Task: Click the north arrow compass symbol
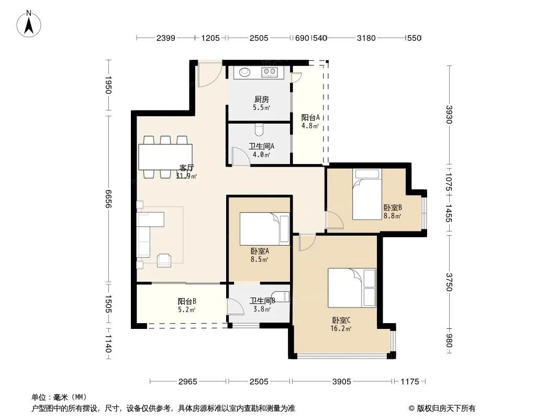(x=29, y=24)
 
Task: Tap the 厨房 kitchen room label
(x=262, y=100)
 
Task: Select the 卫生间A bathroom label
(x=261, y=146)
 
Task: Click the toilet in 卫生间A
(x=259, y=129)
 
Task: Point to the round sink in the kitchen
(x=244, y=72)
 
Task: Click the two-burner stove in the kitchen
(x=270, y=72)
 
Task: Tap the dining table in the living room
(x=165, y=157)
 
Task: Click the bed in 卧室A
(x=265, y=229)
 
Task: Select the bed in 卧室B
(x=367, y=194)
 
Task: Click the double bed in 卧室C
(x=352, y=288)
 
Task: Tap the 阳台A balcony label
(x=310, y=117)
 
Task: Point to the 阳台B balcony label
(x=187, y=302)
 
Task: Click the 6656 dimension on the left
(x=108, y=199)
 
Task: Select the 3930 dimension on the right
(x=449, y=115)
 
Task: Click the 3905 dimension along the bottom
(x=342, y=382)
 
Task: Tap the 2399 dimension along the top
(x=166, y=38)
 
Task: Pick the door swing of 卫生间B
(x=236, y=306)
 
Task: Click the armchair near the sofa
(x=164, y=260)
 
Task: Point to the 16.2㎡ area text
(x=341, y=328)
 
